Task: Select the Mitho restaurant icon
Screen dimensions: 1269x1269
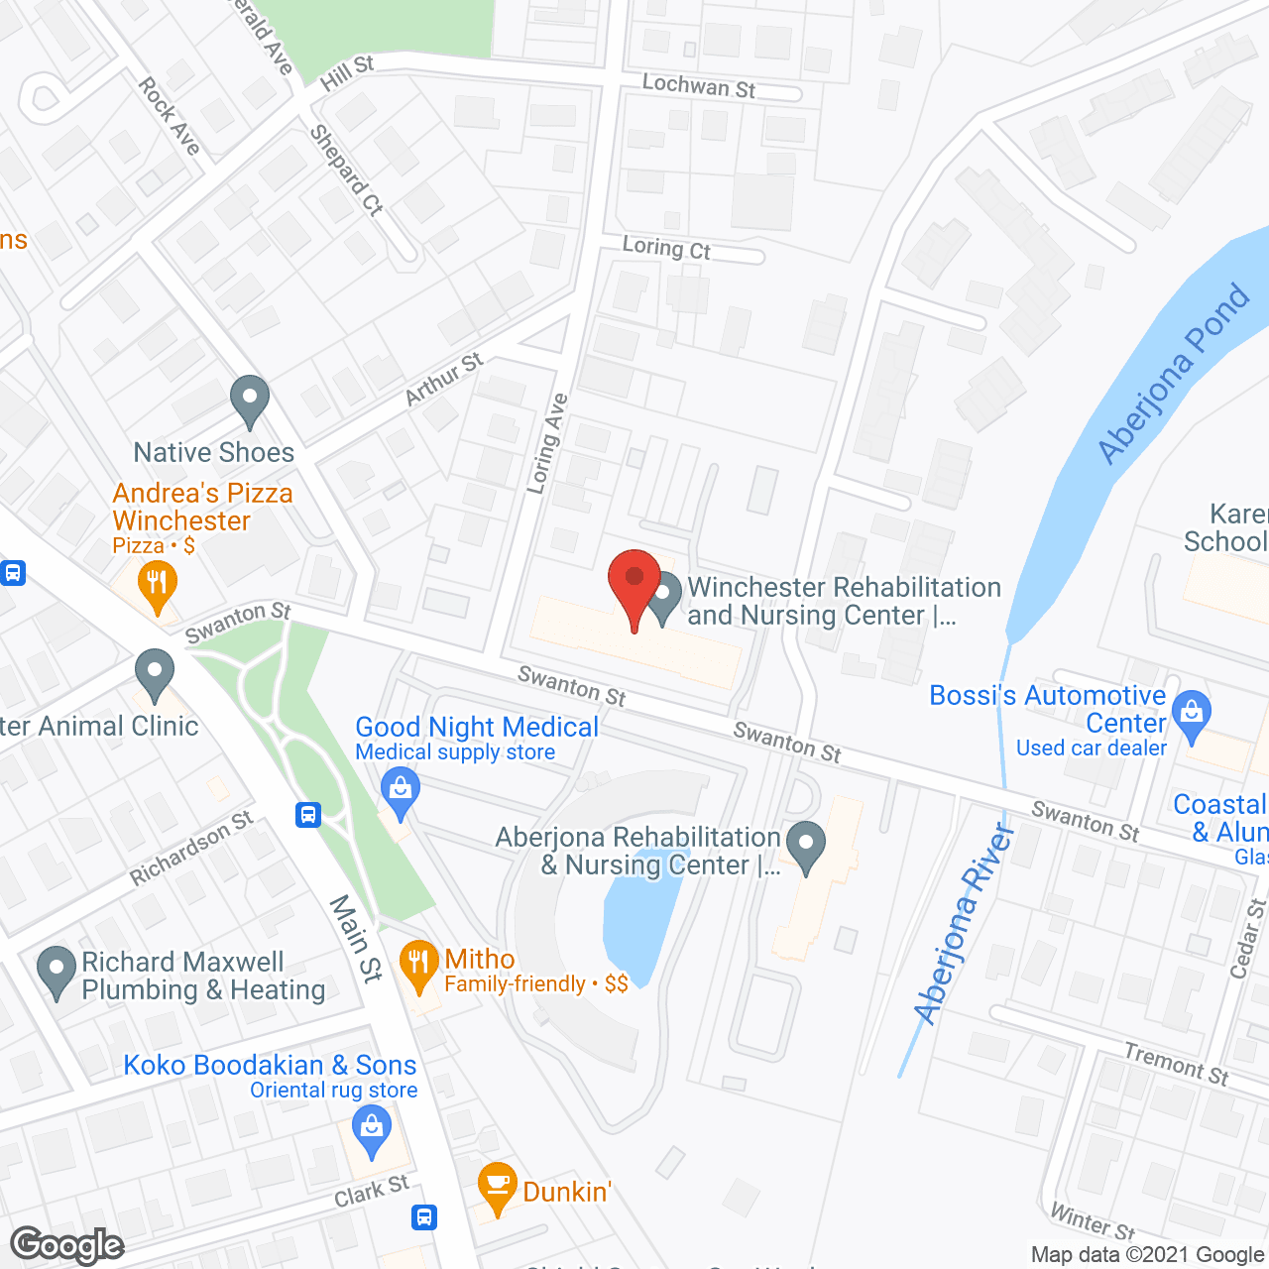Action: click(419, 965)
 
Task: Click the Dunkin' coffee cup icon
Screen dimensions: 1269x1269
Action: click(497, 1186)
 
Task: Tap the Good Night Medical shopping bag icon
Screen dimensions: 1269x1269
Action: click(401, 793)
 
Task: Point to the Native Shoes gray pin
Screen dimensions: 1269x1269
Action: click(250, 401)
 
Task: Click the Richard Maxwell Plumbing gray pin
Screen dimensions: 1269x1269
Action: click(56, 972)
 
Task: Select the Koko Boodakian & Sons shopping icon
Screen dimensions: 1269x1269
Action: click(372, 1131)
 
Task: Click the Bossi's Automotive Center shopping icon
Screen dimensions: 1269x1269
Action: click(1192, 715)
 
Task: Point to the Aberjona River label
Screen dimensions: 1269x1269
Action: click(965, 923)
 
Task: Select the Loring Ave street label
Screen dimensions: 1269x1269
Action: click(547, 443)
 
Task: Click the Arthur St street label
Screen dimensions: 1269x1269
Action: click(444, 379)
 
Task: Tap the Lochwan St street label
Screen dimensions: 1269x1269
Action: click(699, 87)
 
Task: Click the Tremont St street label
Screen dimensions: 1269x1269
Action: click(1176, 1064)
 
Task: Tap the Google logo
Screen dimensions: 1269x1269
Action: click(67, 1245)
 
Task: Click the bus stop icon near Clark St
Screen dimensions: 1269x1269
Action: click(424, 1216)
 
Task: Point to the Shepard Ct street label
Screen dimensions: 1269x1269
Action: click(346, 170)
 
